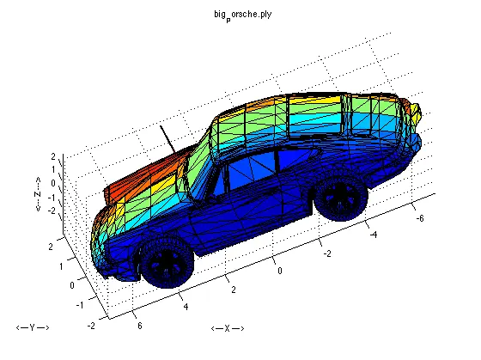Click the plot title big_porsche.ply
(x=242, y=15)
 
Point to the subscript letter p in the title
(x=228, y=20)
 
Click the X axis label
(x=228, y=328)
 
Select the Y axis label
(x=33, y=327)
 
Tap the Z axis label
(x=38, y=194)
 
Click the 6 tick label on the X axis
(x=139, y=326)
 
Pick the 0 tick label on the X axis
(x=280, y=271)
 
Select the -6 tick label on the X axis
(x=420, y=218)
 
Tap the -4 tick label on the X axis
(x=373, y=235)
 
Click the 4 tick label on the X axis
(x=186, y=306)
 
